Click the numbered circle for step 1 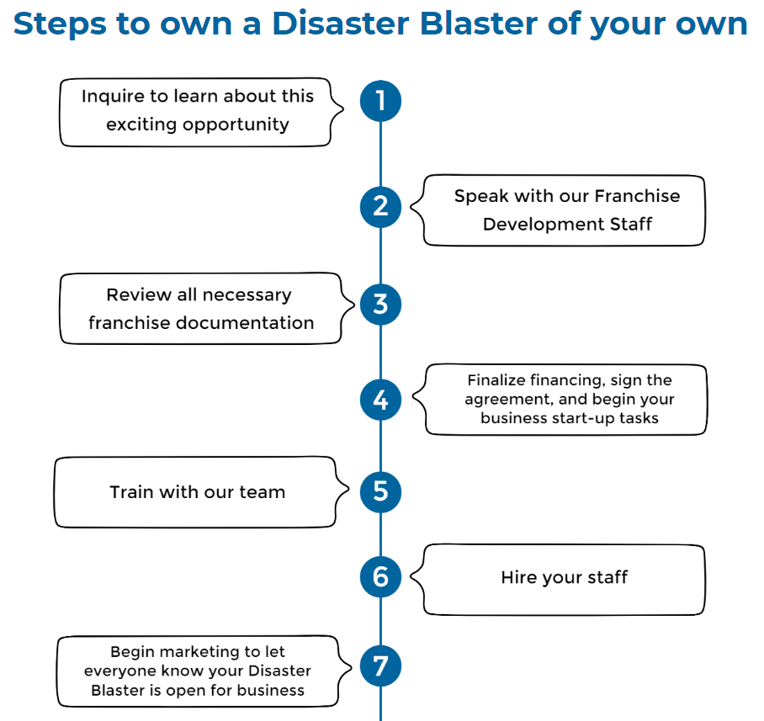click(x=380, y=101)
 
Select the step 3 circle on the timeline click(x=380, y=304)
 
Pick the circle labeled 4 click(x=380, y=400)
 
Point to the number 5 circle click(x=380, y=490)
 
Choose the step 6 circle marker click(x=380, y=577)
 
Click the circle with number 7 click(x=380, y=666)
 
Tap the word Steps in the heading click(x=60, y=24)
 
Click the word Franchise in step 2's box click(x=636, y=196)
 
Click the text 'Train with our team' click(x=198, y=492)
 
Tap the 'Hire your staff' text click(x=565, y=577)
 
